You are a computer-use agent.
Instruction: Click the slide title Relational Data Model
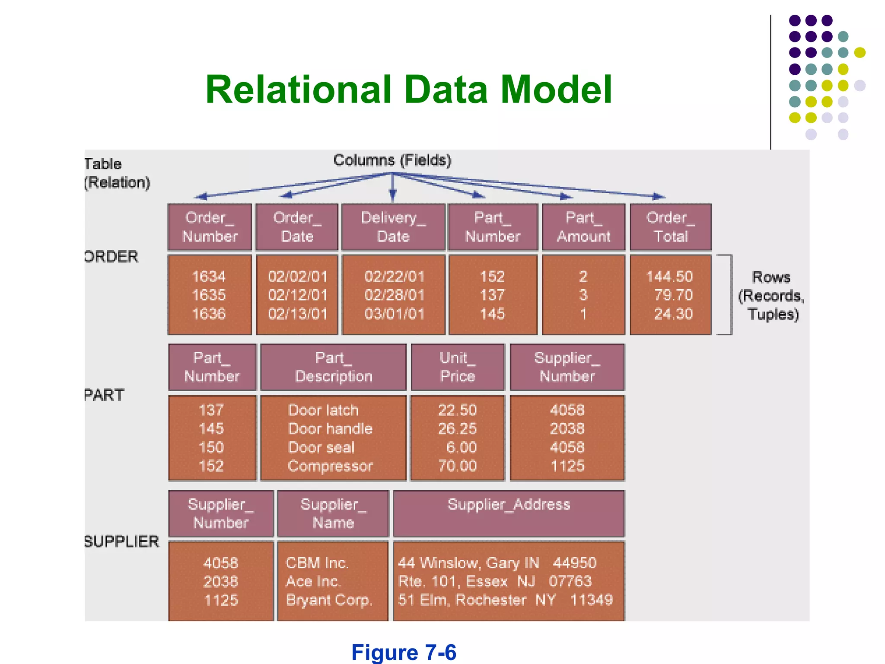click(x=408, y=89)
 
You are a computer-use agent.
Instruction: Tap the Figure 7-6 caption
click(x=404, y=652)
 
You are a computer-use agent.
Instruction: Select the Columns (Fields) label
click(x=392, y=160)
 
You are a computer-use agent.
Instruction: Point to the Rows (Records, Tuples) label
click(x=772, y=296)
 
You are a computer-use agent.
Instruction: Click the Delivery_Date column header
click(x=393, y=227)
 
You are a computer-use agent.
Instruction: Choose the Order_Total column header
click(x=671, y=227)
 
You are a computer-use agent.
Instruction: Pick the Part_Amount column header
click(x=583, y=227)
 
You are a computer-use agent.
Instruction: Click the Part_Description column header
click(x=333, y=367)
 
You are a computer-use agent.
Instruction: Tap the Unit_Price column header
click(x=458, y=367)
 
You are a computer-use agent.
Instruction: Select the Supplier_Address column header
click(x=509, y=504)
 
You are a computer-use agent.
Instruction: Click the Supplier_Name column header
click(x=333, y=513)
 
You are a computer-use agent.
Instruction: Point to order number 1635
click(x=209, y=295)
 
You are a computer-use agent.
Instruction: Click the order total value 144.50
click(x=669, y=277)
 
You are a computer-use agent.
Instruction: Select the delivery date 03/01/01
click(x=394, y=314)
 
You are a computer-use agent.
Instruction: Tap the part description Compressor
click(x=330, y=466)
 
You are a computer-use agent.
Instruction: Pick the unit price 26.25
click(x=457, y=429)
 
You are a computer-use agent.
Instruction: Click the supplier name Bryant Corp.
click(x=328, y=600)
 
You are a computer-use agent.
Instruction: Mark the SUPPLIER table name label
click(x=122, y=542)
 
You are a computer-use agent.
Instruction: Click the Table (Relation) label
click(x=117, y=173)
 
